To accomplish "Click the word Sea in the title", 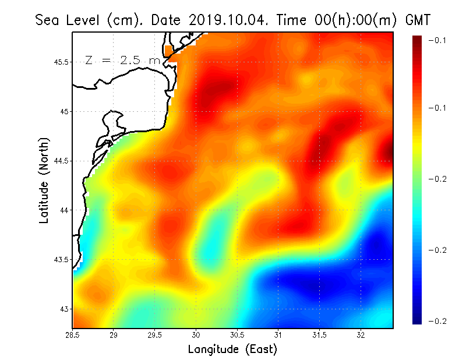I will (x=50, y=20).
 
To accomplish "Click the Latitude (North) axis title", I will (x=44, y=180).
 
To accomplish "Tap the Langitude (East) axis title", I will (x=232, y=350).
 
